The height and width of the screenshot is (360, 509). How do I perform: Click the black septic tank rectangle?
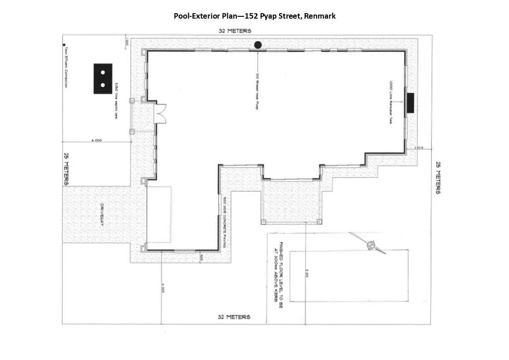click(x=103, y=79)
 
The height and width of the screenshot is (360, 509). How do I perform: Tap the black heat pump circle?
click(x=258, y=44)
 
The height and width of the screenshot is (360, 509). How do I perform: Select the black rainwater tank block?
click(x=411, y=103)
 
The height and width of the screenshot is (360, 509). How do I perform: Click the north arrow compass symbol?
click(x=371, y=245)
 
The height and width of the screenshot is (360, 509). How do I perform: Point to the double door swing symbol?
click(x=161, y=113)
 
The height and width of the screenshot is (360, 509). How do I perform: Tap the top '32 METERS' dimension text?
click(x=235, y=31)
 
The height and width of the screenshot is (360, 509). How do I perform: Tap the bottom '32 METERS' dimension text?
click(x=234, y=316)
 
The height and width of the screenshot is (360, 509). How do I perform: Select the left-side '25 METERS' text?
click(x=66, y=168)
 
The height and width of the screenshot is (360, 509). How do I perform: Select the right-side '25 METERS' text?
click(x=438, y=178)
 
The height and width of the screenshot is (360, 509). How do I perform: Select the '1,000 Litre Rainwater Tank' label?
click(x=391, y=103)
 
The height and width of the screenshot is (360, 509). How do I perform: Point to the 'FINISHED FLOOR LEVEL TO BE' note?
click(x=281, y=275)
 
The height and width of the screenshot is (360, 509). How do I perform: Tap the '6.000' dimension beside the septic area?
click(x=96, y=141)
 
